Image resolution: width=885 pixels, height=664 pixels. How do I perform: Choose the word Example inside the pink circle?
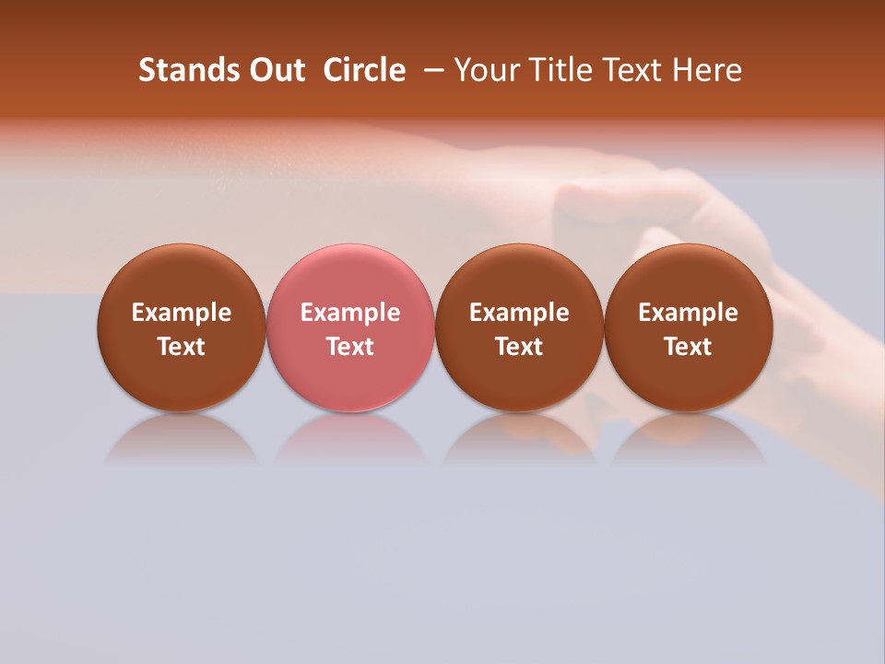click(x=350, y=313)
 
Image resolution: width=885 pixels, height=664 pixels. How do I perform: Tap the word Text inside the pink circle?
click(x=350, y=347)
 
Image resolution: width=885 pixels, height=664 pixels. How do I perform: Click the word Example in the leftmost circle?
click(x=182, y=313)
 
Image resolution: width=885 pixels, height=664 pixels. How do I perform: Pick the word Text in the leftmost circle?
click(x=182, y=347)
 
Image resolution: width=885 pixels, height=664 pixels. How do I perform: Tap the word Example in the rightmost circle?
click(x=688, y=313)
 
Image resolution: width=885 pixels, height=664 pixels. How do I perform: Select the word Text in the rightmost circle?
click(x=688, y=347)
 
